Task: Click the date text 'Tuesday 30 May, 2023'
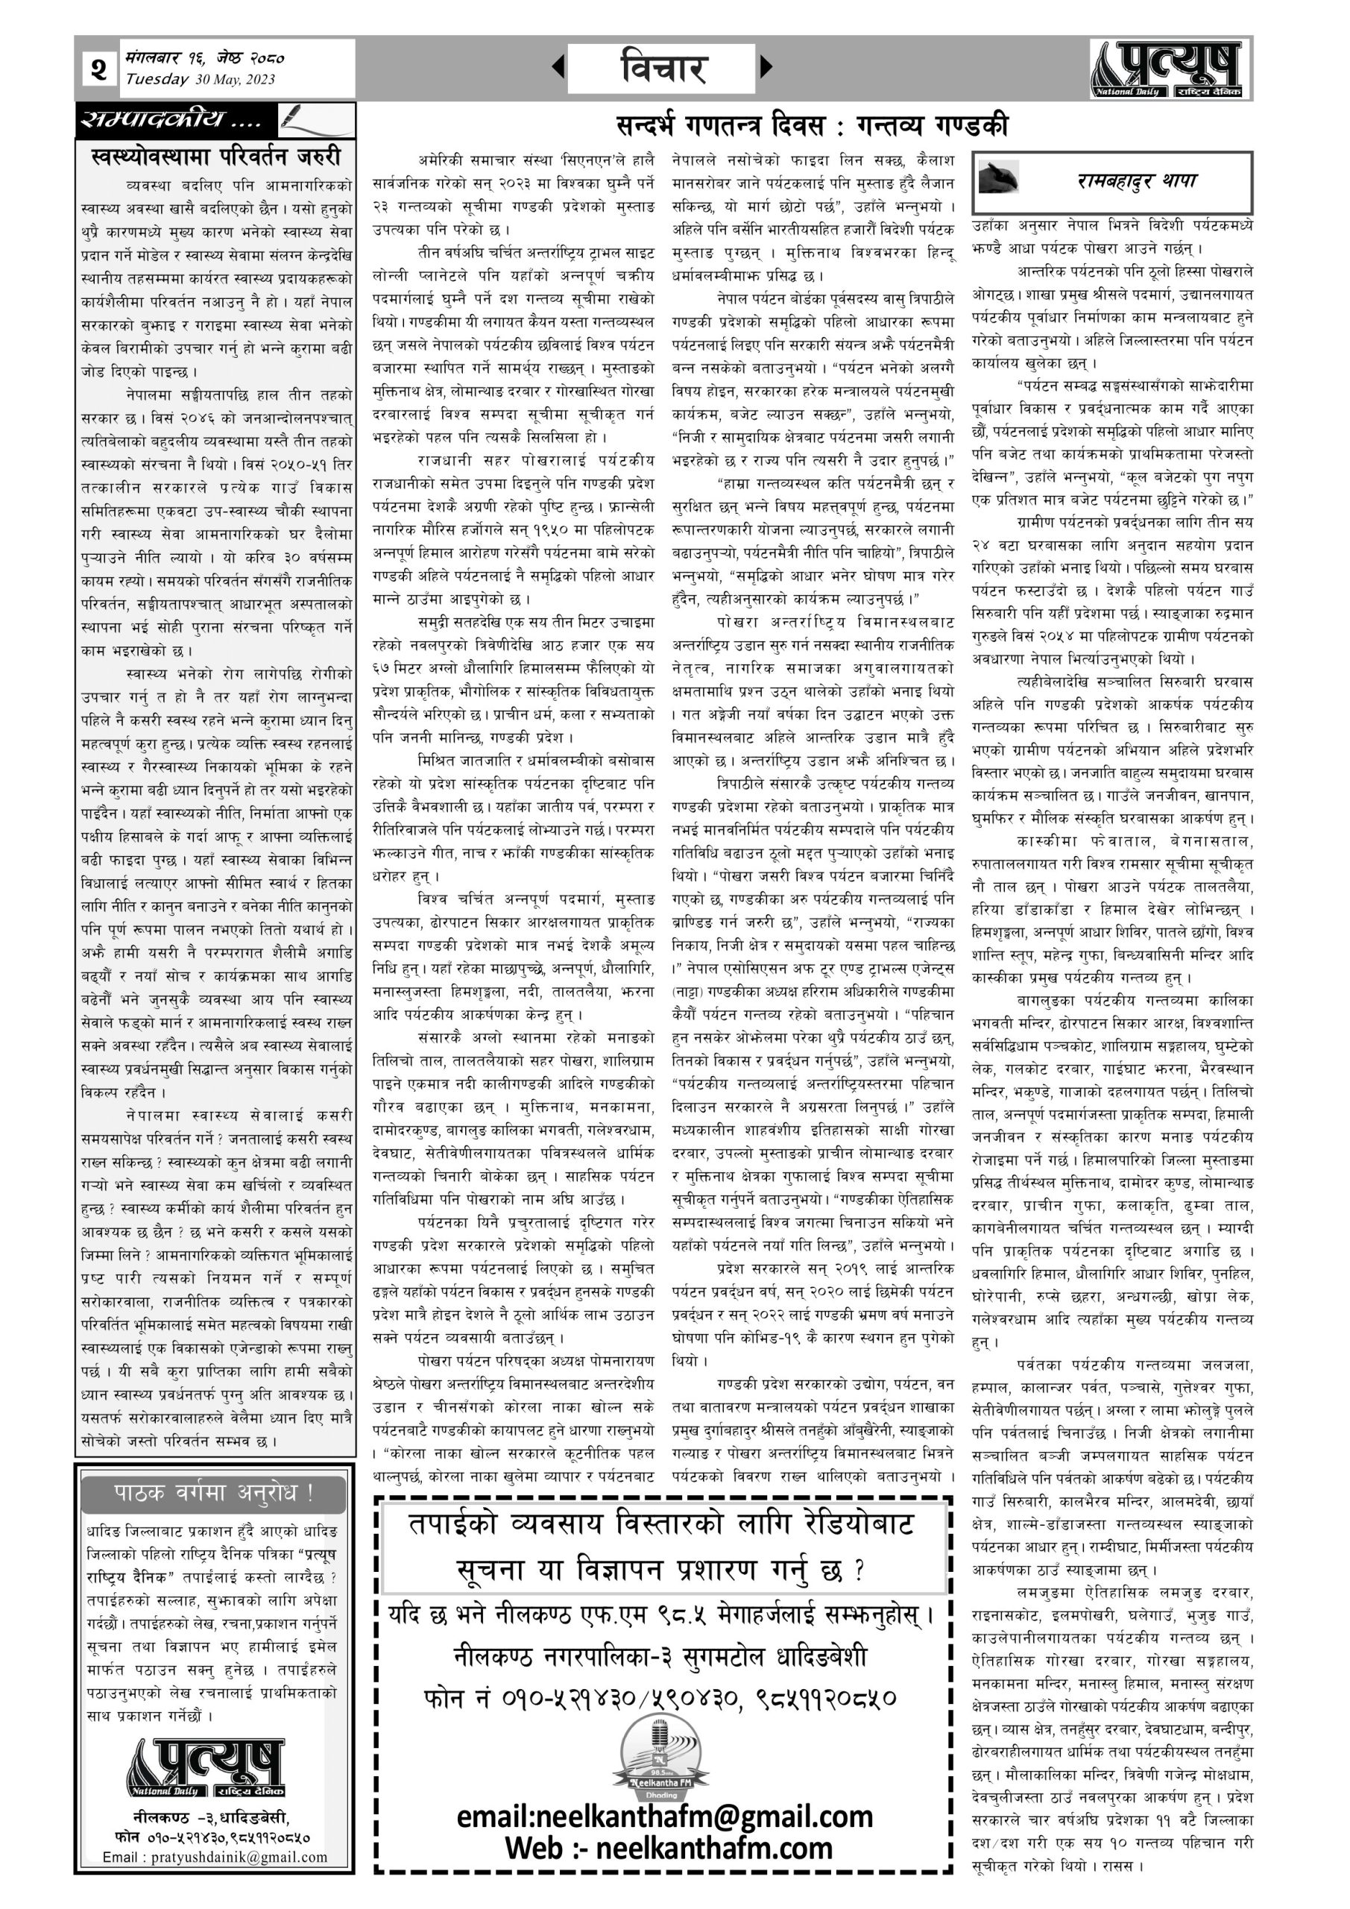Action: point(201,80)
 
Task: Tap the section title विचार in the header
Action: point(663,67)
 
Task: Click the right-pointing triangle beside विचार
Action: point(766,66)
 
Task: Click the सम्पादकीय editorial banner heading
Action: point(171,122)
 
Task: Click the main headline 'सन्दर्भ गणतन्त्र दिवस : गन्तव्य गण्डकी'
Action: point(811,125)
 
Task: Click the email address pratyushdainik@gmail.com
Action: point(215,1858)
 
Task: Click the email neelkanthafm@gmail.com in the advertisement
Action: point(664,1817)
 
